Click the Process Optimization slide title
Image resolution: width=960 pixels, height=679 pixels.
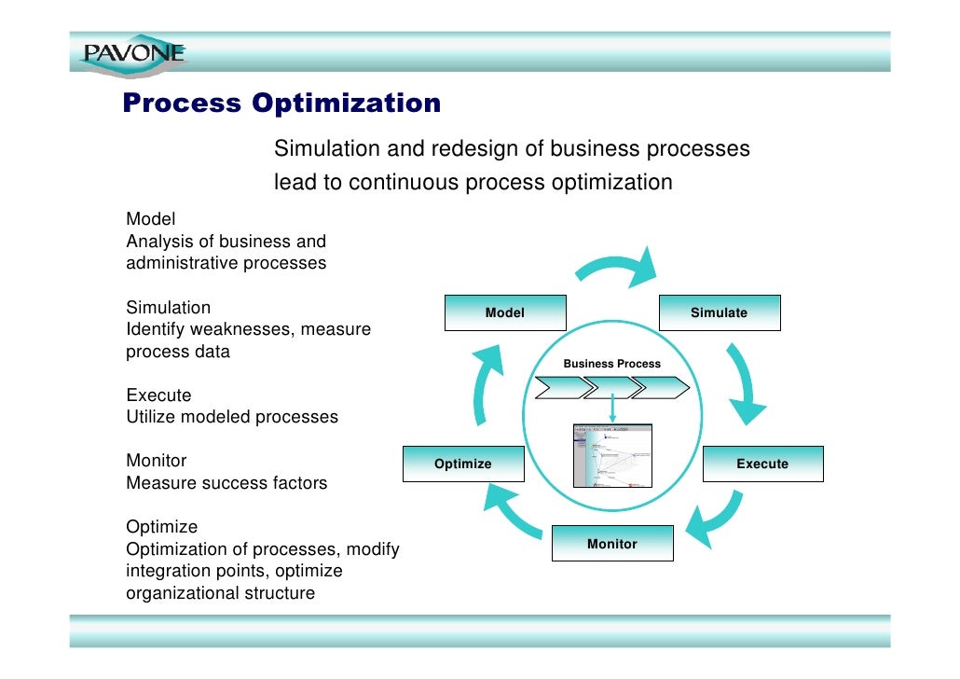[x=281, y=103]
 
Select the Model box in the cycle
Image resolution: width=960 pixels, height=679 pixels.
[x=505, y=313]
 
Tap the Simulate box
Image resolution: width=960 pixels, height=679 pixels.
[x=720, y=313]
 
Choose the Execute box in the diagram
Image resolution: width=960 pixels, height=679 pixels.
[x=762, y=464]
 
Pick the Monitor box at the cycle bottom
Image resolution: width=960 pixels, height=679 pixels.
[x=611, y=544]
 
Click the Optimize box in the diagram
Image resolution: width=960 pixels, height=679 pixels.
[x=463, y=464]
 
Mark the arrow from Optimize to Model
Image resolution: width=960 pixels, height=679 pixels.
[x=486, y=378]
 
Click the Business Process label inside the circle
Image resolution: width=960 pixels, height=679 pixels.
[x=611, y=364]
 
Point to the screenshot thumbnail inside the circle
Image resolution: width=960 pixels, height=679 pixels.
[x=611, y=456]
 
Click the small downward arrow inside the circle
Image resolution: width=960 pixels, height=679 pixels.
[x=612, y=409]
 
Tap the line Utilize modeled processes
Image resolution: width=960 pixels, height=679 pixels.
[x=232, y=417]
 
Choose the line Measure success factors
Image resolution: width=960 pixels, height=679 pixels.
[x=226, y=483]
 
